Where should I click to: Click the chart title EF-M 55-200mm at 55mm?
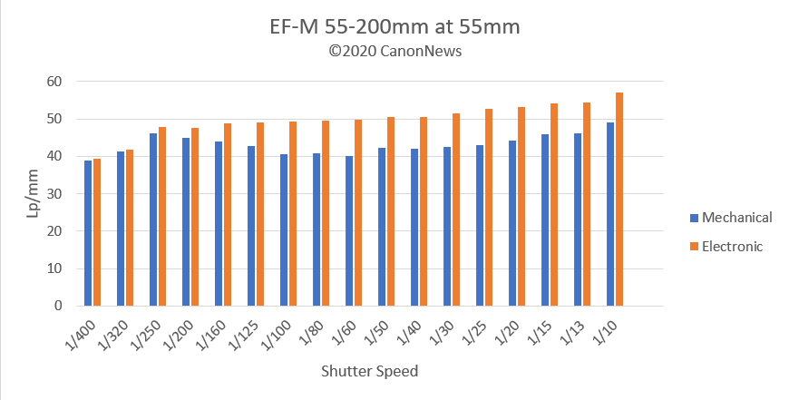[394, 27]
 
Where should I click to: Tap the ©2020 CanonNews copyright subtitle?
[394, 51]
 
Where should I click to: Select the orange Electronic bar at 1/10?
[619, 200]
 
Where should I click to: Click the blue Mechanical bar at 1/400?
[88, 233]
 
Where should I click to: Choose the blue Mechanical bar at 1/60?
[349, 231]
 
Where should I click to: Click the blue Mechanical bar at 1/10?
[610, 214]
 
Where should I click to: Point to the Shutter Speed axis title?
[370, 372]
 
